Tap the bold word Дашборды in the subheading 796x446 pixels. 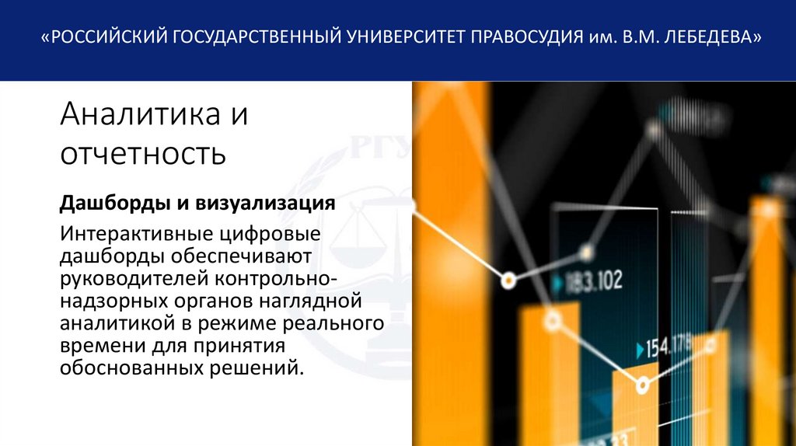point(112,204)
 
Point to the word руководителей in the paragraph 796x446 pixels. point(135,277)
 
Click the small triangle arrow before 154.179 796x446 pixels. point(640,347)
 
